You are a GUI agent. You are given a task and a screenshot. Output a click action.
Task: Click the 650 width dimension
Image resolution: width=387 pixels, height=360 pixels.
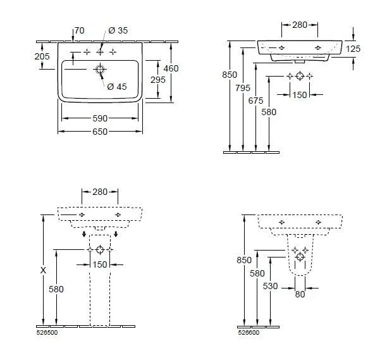click(100, 132)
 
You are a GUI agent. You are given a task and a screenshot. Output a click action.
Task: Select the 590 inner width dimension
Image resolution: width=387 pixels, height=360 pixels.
click(100, 118)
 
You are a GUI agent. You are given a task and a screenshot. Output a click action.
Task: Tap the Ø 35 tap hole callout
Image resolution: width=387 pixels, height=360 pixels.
click(118, 30)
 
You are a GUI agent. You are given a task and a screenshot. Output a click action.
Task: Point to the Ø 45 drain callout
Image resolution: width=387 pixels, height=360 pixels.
click(117, 87)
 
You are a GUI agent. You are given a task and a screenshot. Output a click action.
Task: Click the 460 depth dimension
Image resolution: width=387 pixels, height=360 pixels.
click(171, 68)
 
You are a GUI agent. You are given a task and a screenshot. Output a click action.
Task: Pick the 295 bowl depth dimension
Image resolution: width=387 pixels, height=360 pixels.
click(158, 80)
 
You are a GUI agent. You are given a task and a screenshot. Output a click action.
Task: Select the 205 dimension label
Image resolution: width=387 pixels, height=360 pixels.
click(42, 56)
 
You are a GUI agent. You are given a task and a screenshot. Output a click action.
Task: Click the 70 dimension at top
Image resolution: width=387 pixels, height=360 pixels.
click(80, 30)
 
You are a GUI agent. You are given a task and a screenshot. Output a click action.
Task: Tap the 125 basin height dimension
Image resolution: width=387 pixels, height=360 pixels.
click(353, 49)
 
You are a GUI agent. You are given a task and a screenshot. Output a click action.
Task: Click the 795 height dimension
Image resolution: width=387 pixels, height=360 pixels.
click(243, 88)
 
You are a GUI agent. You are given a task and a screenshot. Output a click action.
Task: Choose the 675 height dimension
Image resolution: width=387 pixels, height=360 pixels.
click(255, 101)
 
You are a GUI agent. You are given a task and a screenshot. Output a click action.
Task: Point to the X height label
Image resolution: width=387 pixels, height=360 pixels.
click(43, 270)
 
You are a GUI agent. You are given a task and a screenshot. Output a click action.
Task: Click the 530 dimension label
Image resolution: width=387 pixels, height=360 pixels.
click(270, 286)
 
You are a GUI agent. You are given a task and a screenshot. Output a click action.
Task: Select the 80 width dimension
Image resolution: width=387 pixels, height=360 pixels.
click(300, 294)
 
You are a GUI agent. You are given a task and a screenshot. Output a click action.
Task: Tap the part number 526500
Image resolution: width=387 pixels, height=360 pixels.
click(47, 333)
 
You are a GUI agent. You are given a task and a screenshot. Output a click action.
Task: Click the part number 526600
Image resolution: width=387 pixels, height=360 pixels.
click(249, 333)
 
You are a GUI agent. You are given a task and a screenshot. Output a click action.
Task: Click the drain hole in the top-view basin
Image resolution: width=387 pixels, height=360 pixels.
click(100, 70)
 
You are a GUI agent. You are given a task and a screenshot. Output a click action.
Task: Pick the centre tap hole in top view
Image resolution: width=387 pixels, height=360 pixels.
click(100, 52)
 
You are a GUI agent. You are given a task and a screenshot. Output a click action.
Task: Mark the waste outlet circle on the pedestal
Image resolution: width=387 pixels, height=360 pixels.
click(100, 250)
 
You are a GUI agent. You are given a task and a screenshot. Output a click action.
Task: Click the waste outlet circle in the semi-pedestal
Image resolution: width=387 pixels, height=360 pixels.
click(300, 257)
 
